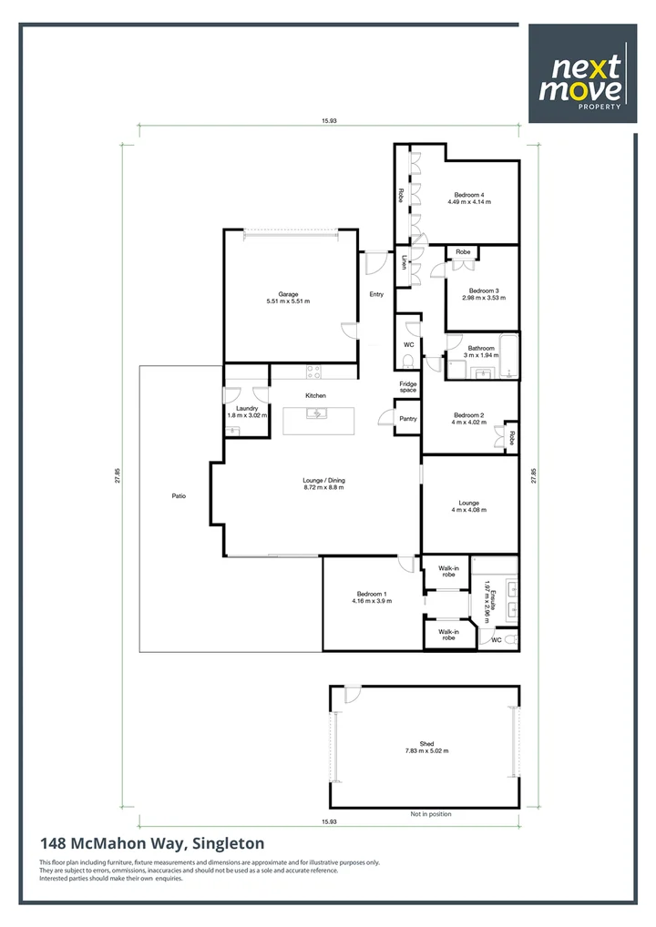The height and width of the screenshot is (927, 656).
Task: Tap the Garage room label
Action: coord(288,294)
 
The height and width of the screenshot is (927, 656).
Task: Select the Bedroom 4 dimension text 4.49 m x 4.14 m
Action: coord(469,201)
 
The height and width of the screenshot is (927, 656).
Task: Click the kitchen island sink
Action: coord(316,414)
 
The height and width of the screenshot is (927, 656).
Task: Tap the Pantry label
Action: coord(407,419)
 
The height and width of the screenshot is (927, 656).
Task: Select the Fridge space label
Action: coord(407,386)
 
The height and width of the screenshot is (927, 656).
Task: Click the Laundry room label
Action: coord(247,408)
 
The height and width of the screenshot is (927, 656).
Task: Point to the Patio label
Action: coord(179,496)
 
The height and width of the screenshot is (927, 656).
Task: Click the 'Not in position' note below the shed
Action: coord(430,814)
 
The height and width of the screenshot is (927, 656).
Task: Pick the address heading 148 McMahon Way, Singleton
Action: coord(151,844)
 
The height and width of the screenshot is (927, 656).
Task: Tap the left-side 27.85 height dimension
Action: coord(118,476)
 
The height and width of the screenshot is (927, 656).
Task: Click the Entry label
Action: coord(376,294)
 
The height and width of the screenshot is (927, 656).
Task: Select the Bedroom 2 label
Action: coord(468,415)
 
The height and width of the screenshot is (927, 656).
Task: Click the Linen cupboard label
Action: coord(404,262)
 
